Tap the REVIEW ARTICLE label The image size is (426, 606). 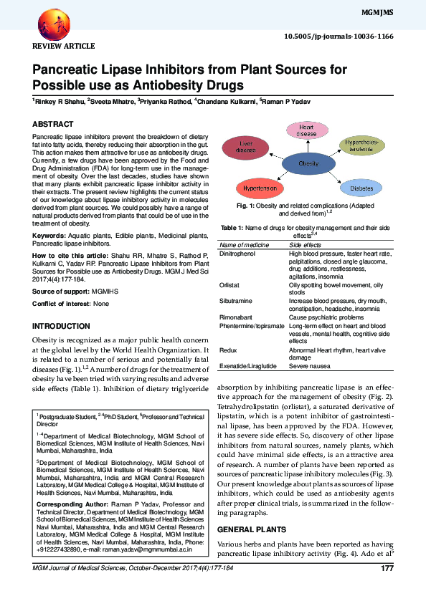(64, 46)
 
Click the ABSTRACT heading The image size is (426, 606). (52, 124)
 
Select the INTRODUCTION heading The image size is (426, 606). (62, 326)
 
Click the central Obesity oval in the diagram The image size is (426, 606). (308, 163)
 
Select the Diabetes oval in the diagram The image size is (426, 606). (361, 188)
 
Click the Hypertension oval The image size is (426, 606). (260, 188)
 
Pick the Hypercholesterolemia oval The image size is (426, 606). (362, 145)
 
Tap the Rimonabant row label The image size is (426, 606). (234, 317)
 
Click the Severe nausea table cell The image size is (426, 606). (309, 365)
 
